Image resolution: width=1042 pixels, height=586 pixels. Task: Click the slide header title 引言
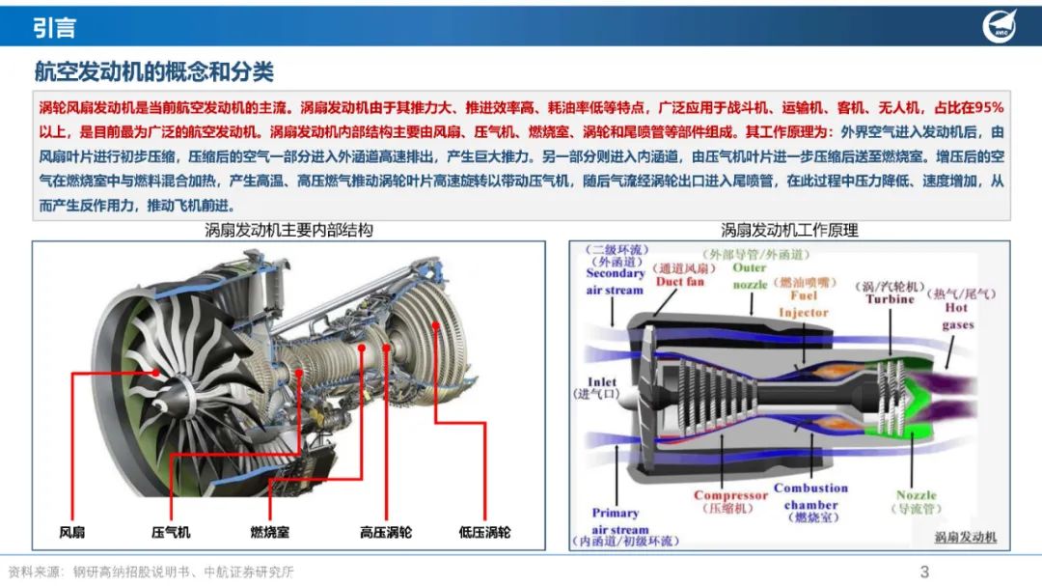(x=54, y=28)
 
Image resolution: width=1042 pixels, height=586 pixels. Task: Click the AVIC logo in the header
(x=1000, y=27)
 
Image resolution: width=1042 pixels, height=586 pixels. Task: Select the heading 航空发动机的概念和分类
(x=153, y=71)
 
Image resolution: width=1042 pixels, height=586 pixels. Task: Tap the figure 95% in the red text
(x=988, y=108)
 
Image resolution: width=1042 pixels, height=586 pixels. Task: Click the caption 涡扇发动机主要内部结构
(x=288, y=230)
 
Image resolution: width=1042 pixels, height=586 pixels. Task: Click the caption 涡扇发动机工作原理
(x=789, y=230)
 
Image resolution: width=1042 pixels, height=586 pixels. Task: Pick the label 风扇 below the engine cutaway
(x=71, y=532)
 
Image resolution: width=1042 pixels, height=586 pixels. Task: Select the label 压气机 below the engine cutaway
(x=171, y=532)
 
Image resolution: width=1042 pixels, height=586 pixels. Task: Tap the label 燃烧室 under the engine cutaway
(x=270, y=532)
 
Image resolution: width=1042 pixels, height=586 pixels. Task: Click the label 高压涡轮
(x=385, y=532)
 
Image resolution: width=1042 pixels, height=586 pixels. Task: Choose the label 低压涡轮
(x=484, y=532)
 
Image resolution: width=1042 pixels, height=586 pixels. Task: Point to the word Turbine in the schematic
(x=890, y=299)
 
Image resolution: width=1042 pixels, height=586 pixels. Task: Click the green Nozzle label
(x=916, y=495)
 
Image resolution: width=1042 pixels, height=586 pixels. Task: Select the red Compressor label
(x=730, y=495)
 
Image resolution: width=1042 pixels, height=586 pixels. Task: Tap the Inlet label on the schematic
(x=601, y=381)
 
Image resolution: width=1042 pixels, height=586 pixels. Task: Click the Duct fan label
(x=680, y=281)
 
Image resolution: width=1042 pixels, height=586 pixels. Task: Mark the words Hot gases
(x=957, y=316)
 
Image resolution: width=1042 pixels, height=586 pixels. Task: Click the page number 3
(x=924, y=572)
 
